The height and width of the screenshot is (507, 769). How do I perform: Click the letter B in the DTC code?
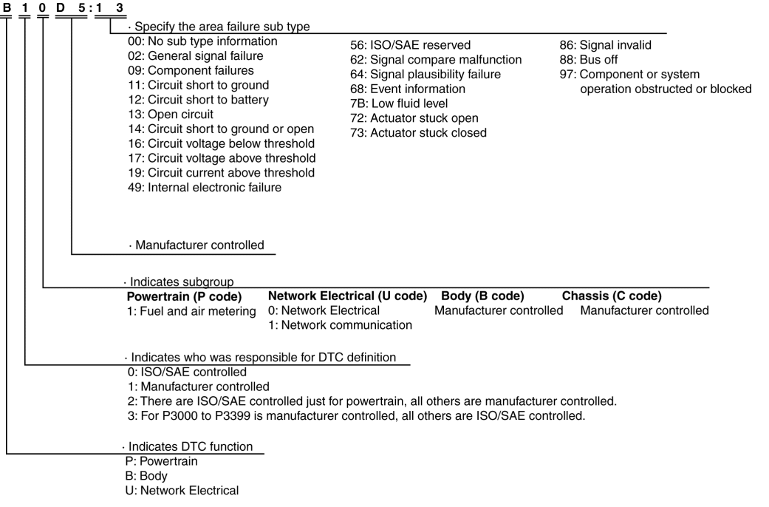(x=7, y=7)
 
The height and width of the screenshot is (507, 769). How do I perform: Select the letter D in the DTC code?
(x=61, y=7)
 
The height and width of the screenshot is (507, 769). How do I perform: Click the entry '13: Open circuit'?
(x=171, y=114)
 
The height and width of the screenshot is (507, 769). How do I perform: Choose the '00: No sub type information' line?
(x=202, y=41)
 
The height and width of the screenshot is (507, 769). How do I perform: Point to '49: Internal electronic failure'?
(x=205, y=187)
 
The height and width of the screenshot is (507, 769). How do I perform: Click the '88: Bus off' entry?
(x=589, y=60)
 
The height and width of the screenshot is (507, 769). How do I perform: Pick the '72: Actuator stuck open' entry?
(x=414, y=118)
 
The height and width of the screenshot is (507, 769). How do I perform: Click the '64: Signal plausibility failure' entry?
(x=425, y=75)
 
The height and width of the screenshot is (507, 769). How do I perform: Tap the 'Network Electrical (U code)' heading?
(x=347, y=296)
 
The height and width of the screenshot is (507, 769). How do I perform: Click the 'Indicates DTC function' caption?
(x=189, y=446)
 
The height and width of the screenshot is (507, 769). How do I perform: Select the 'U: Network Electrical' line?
(x=183, y=490)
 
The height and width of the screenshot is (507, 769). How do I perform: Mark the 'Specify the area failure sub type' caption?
(x=219, y=27)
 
